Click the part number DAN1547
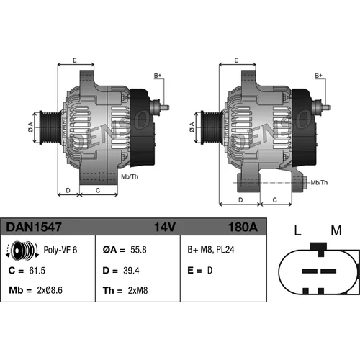(34, 227)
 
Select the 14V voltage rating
(165, 227)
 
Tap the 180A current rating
(243, 227)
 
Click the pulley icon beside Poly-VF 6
(22, 250)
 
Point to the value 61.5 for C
(37, 271)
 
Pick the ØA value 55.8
(138, 250)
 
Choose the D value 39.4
(131, 271)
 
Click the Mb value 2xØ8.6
(50, 290)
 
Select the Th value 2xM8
(138, 290)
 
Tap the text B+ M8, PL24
(211, 250)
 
